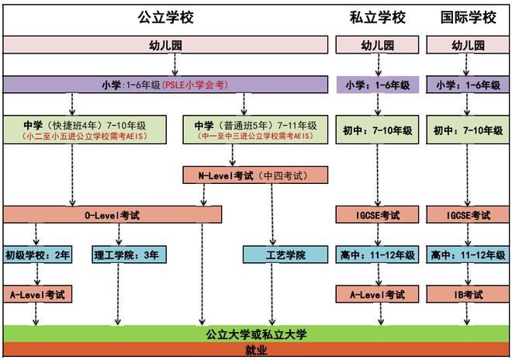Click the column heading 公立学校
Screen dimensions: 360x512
[165, 17]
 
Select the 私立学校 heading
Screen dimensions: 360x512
[376, 17]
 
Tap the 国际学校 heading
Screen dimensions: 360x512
[468, 17]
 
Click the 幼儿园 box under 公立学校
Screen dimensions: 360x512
[165, 45]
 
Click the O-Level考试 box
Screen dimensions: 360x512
[112, 214]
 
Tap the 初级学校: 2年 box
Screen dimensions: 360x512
[36, 254]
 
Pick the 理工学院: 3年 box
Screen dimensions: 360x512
[124, 254]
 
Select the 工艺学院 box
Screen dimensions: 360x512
[275, 254]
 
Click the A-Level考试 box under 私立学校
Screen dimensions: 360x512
[376, 295]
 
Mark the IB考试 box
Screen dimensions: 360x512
[468, 295]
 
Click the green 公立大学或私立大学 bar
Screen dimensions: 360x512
[256, 334]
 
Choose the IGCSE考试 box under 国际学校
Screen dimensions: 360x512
[468, 215]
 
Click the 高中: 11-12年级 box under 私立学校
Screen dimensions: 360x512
[376, 254]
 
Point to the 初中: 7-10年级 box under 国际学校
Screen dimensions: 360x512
[468, 130]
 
